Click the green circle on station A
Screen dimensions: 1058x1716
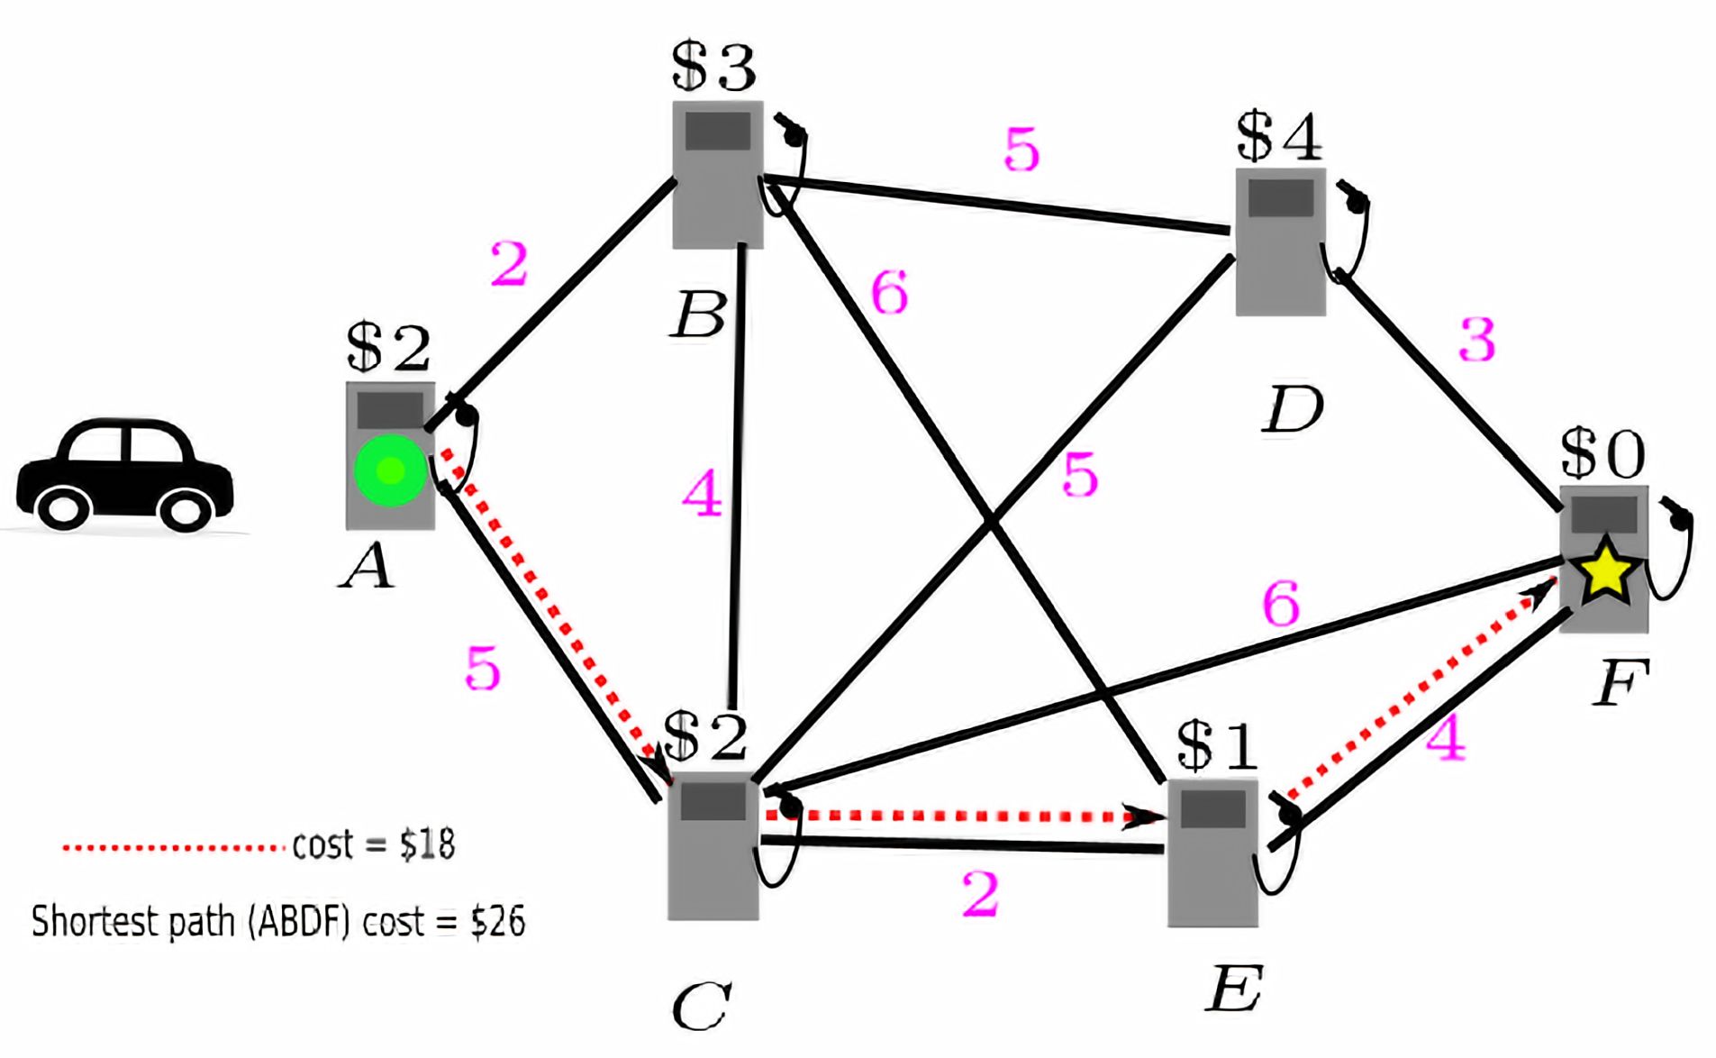coord(389,470)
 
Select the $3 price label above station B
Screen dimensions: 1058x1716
coord(713,68)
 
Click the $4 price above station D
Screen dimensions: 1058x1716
coord(1278,138)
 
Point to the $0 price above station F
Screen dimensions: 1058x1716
coord(1603,452)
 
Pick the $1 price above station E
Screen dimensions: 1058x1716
coord(1217,747)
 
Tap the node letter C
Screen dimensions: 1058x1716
coord(700,1007)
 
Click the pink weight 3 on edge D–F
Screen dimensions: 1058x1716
coord(1477,341)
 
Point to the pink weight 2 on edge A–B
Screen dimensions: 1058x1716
coord(509,265)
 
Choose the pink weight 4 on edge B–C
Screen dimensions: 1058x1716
coord(703,494)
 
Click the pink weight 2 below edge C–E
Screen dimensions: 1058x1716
coord(980,893)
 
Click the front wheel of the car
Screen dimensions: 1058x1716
coord(185,510)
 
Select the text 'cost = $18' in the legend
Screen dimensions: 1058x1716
coord(374,845)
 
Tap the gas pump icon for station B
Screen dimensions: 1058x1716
coord(718,174)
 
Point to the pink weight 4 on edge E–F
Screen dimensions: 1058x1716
coord(1446,738)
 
